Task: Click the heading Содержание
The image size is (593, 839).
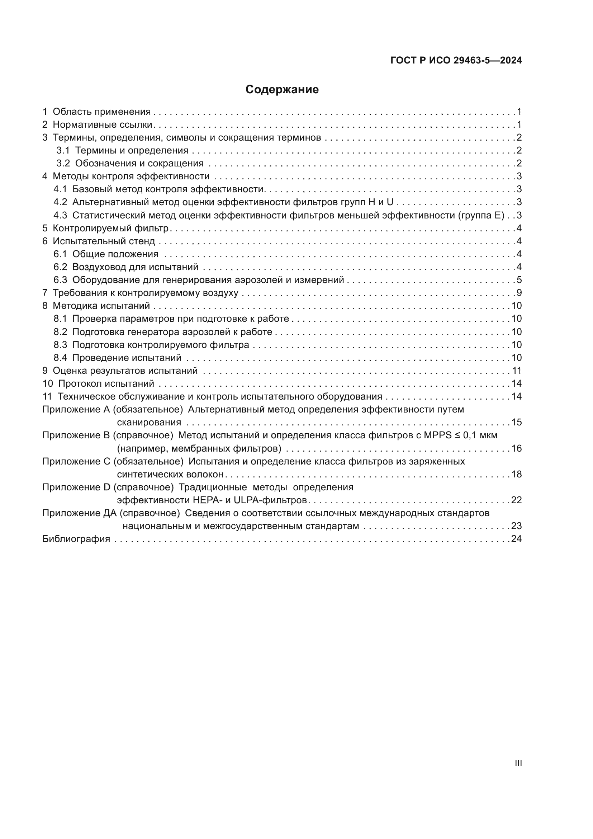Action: pyautogui.click(x=282, y=90)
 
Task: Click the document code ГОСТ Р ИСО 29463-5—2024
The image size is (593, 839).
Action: pyautogui.click(x=456, y=60)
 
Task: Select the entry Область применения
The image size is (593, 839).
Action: pyautogui.click(x=101, y=112)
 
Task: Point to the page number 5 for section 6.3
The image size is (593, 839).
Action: pyautogui.click(x=519, y=280)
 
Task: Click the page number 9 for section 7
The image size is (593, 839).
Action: pyautogui.click(x=519, y=293)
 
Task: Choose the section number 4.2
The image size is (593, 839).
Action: pyautogui.click(x=60, y=202)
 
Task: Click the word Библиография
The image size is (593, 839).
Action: pyautogui.click(x=76, y=539)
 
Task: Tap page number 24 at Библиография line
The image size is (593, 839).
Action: pyautogui.click(x=516, y=539)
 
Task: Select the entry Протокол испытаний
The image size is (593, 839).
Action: pyautogui.click(x=106, y=384)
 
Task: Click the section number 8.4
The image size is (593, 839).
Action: pyautogui.click(x=60, y=358)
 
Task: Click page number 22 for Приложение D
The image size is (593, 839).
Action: pyautogui.click(x=516, y=500)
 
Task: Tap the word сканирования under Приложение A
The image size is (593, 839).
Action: pyautogui.click(x=149, y=423)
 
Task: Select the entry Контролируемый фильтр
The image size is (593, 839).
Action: pyautogui.click(x=111, y=228)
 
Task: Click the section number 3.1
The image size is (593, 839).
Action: pyautogui.click(x=63, y=151)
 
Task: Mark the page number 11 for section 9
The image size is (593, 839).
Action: pyautogui.click(x=516, y=371)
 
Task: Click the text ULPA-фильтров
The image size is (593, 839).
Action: pyautogui.click(x=270, y=500)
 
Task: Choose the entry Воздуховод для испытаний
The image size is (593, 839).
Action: pyautogui.click(x=135, y=267)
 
